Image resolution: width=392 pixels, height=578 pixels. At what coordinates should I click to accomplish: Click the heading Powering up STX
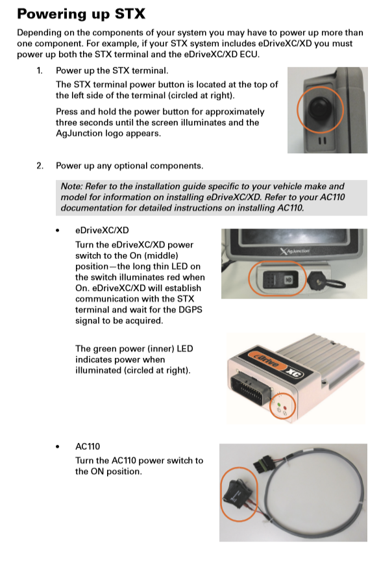(x=81, y=14)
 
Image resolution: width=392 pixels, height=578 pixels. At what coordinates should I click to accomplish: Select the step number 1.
(x=39, y=70)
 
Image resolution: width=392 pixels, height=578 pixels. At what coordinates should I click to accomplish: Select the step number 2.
(x=39, y=166)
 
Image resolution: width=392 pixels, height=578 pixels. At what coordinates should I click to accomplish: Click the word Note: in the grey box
(x=73, y=186)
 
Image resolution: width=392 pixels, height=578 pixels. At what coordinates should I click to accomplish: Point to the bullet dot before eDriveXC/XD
(x=58, y=231)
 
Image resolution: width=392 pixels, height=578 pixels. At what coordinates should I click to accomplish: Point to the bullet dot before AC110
(x=58, y=447)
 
